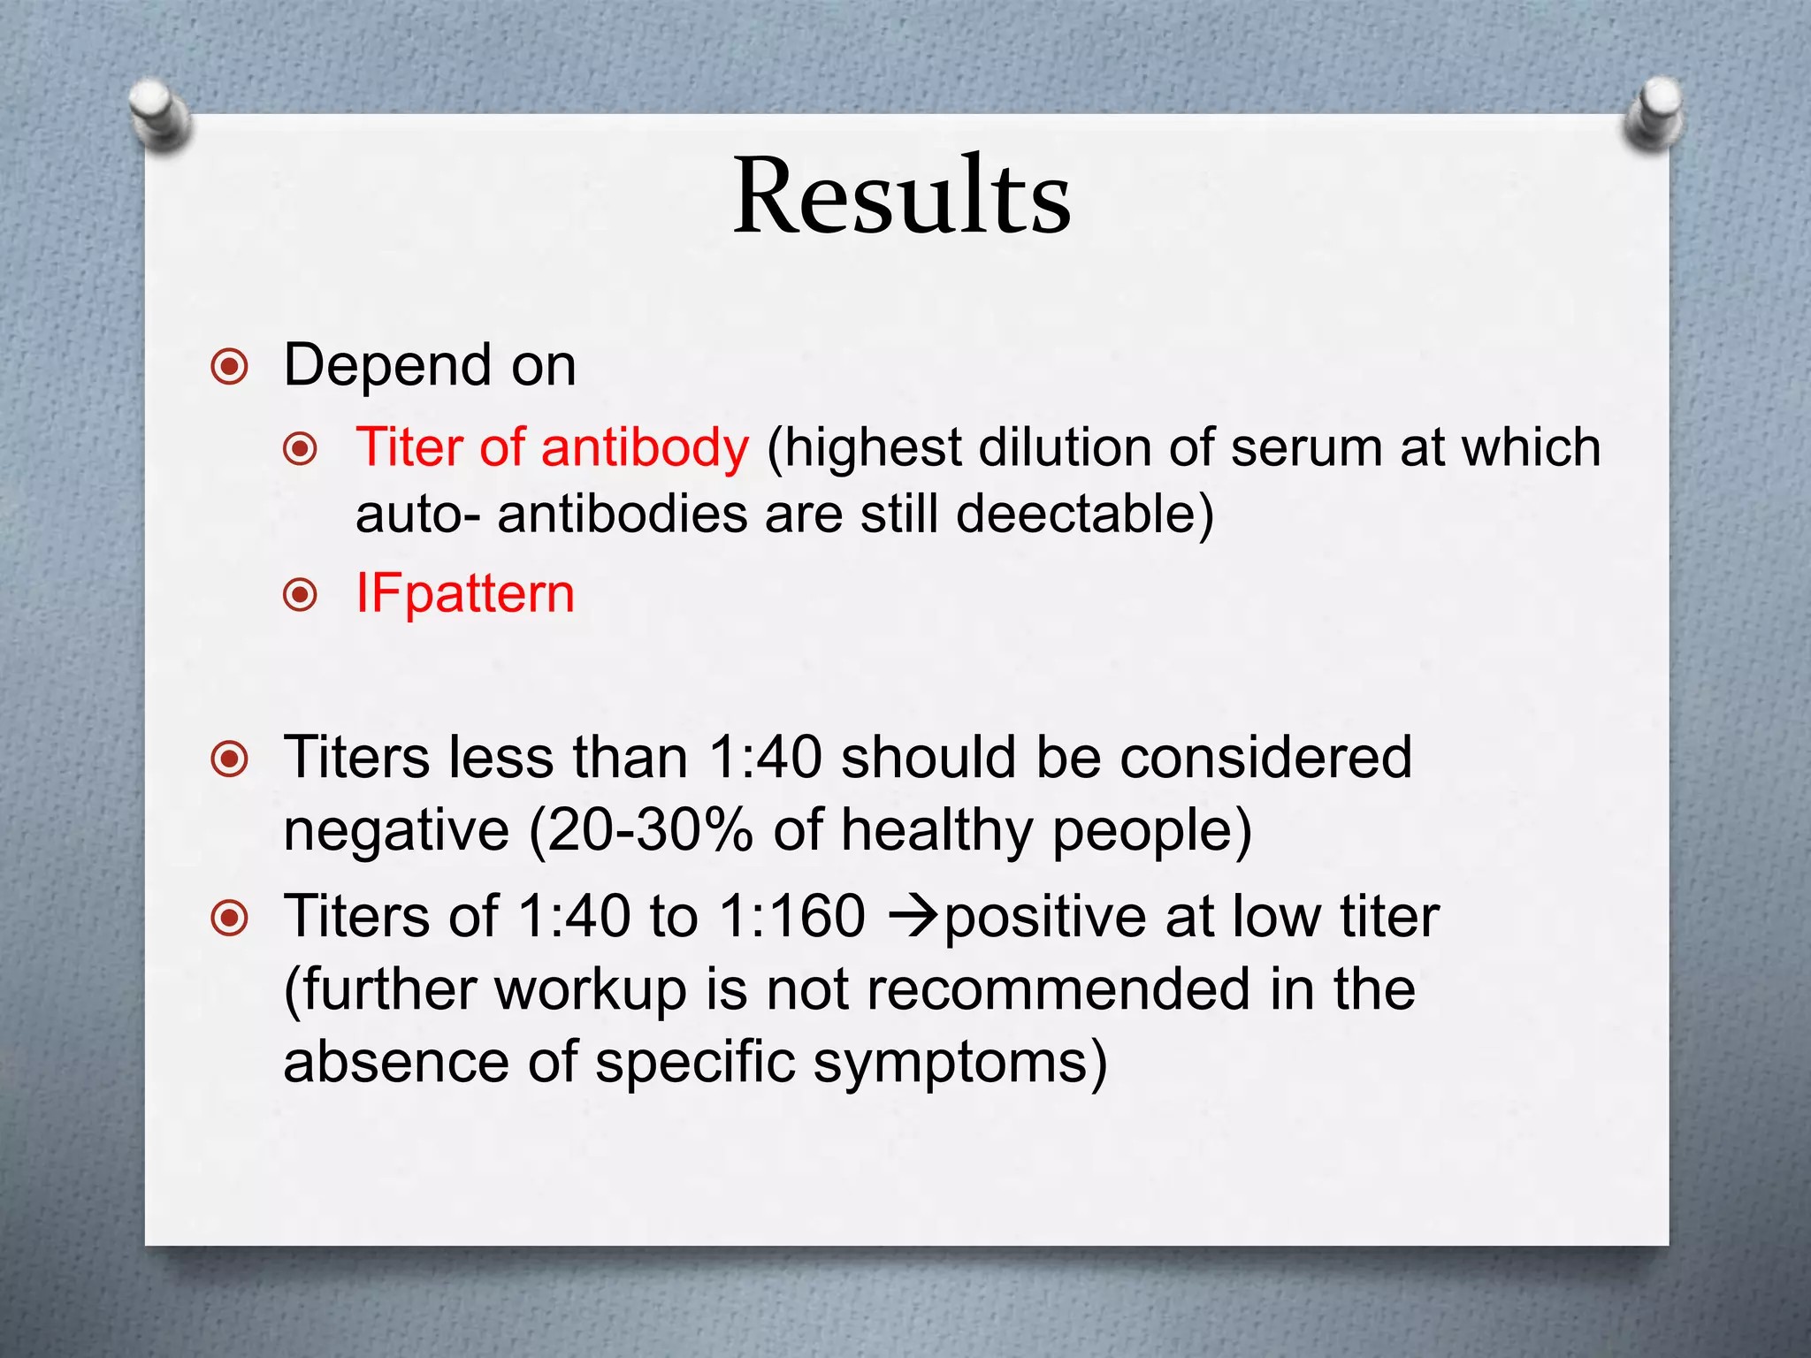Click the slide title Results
point(902,196)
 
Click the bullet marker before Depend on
point(230,366)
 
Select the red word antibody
point(645,447)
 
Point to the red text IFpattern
point(465,593)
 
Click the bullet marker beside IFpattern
point(301,594)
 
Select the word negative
point(396,831)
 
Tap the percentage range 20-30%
point(650,831)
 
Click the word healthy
point(936,831)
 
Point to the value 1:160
point(792,916)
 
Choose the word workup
point(590,990)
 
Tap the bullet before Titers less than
point(230,759)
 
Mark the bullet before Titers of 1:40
point(230,918)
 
